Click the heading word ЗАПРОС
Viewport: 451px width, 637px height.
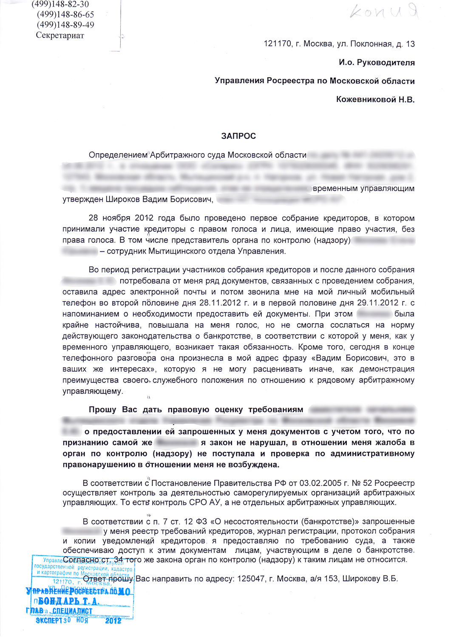coord(238,136)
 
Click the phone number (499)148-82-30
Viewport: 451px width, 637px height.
coord(60,4)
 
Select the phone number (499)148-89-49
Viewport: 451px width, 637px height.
coord(65,25)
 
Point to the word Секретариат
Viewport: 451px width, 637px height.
coord(60,35)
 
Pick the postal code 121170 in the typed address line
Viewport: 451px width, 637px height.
coord(278,44)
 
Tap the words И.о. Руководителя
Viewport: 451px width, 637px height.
coord(377,62)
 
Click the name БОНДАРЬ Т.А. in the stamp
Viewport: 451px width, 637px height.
coord(68,601)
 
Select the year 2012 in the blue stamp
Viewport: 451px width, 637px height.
coord(113,620)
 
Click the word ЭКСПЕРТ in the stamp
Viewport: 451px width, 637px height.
coord(49,620)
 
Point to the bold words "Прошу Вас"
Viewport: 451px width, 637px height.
coord(113,409)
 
